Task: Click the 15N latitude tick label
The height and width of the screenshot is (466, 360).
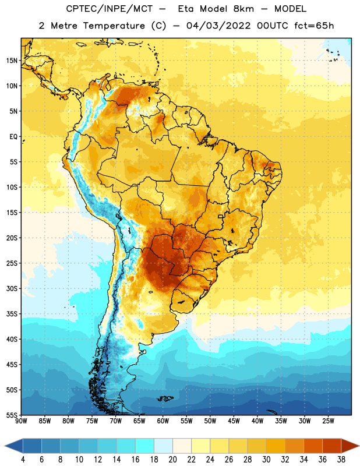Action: (x=12, y=61)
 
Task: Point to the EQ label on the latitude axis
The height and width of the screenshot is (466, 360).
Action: (x=13, y=137)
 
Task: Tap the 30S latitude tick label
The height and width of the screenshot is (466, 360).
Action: (x=12, y=288)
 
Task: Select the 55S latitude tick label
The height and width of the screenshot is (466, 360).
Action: (x=12, y=415)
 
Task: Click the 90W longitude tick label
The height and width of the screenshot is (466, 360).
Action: (x=21, y=421)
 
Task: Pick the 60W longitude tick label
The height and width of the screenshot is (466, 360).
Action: (x=163, y=421)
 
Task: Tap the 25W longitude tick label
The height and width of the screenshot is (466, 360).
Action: (x=328, y=421)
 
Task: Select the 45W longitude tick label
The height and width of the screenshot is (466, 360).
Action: (x=234, y=421)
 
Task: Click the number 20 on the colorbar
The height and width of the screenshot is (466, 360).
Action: (x=172, y=460)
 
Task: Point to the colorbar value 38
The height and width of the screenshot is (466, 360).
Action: (x=341, y=460)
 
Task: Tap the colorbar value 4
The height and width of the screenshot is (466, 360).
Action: (x=23, y=460)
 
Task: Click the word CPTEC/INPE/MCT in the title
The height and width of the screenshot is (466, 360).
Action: (x=109, y=9)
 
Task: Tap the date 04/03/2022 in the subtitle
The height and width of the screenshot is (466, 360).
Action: (x=218, y=26)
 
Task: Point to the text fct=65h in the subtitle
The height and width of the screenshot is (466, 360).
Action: (x=314, y=26)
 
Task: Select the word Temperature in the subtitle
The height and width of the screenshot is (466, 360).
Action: (x=114, y=26)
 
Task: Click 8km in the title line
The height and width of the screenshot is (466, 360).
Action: (x=243, y=9)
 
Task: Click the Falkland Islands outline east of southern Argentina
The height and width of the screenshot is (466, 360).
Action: (x=165, y=398)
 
